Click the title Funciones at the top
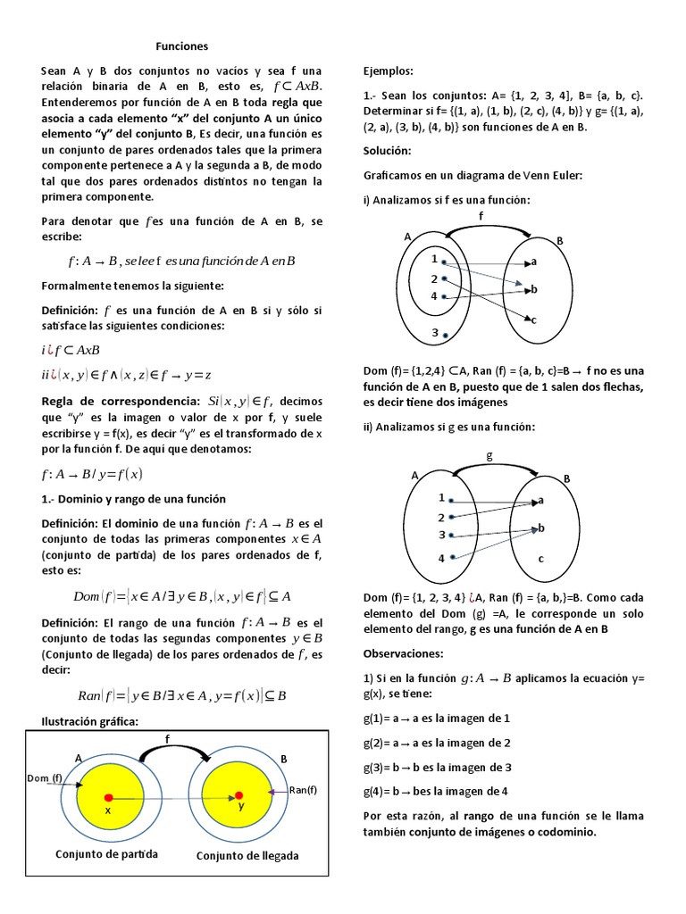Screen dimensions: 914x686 182,46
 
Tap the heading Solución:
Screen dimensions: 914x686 388,151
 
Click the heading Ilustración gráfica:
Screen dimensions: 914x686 90,721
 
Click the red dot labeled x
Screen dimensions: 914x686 108,796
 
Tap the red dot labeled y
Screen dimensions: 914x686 238,794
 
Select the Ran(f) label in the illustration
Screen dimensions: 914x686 303,790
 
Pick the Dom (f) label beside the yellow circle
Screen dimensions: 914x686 45,778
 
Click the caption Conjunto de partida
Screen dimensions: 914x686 106,853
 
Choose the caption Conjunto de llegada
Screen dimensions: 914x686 247,855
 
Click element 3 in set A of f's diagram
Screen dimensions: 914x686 434,333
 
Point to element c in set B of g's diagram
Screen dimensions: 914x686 540,559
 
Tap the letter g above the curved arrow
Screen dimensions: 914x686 489,455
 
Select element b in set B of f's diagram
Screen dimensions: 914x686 533,289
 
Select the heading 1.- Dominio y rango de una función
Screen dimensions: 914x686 133,498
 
